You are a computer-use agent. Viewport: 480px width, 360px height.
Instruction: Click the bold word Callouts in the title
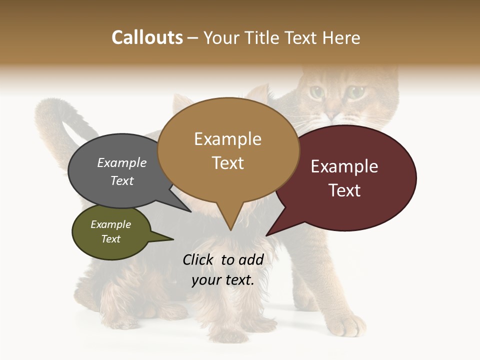click(147, 37)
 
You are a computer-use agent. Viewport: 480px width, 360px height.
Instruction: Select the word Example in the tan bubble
click(227, 139)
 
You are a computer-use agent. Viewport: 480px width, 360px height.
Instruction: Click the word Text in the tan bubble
click(227, 163)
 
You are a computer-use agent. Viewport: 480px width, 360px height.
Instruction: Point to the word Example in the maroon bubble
click(344, 166)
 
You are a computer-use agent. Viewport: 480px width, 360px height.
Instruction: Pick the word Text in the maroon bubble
click(344, 190)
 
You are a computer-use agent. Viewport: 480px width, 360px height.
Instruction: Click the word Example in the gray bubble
click(122, 163)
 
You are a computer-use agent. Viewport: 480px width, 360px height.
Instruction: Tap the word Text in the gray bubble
click(122, 180)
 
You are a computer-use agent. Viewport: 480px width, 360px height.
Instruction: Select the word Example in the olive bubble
click(111, 224)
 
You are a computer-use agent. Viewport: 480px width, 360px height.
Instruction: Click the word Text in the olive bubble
click(111, 239)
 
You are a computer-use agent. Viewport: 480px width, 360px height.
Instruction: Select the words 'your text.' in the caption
click(223, 280)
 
